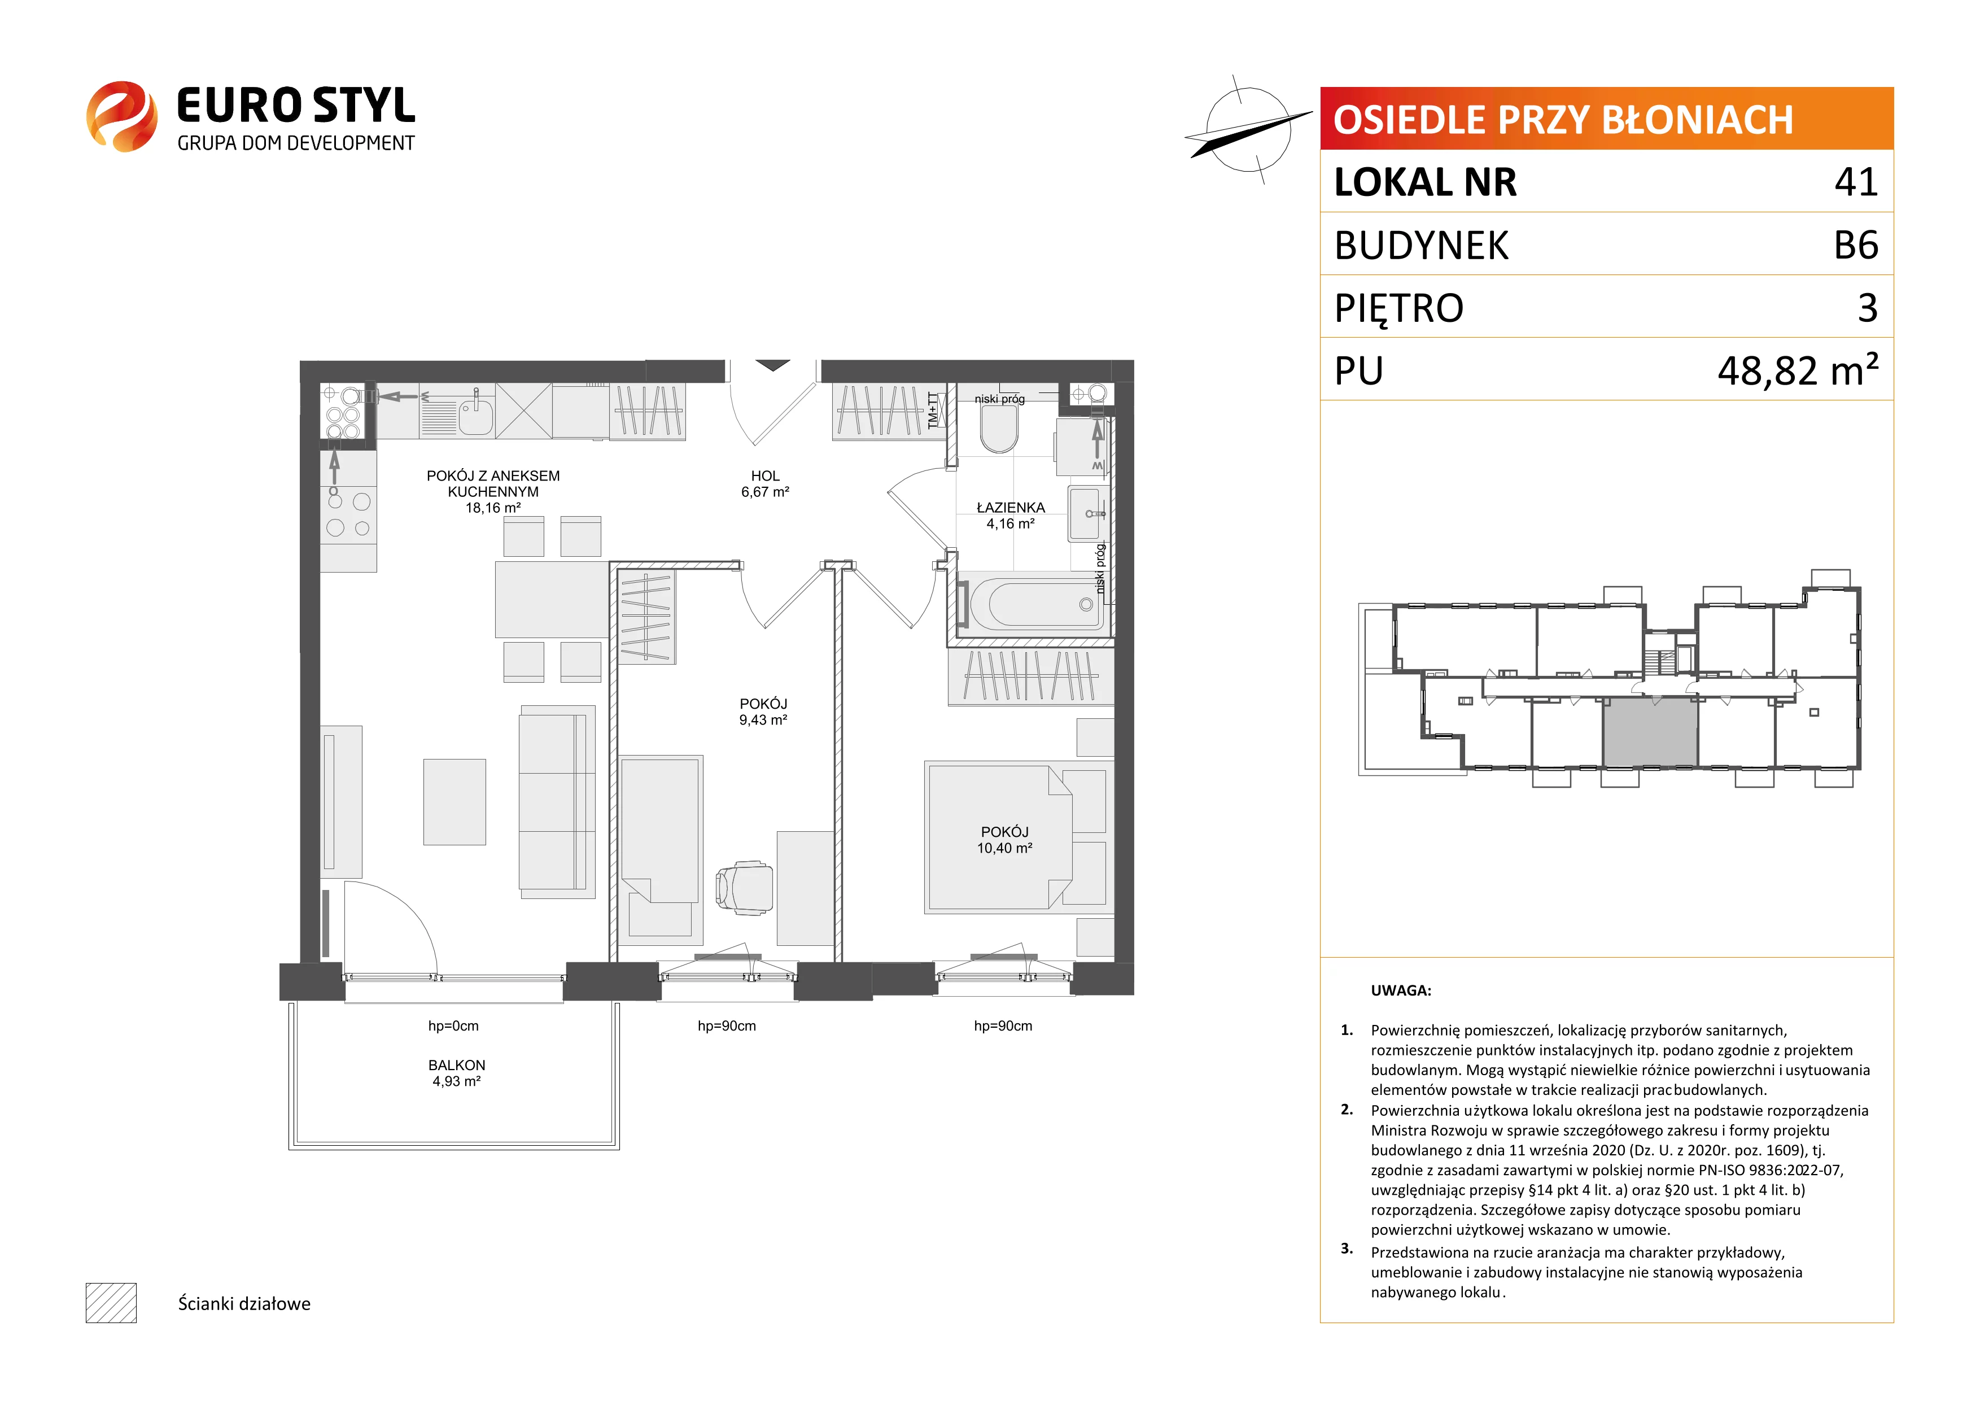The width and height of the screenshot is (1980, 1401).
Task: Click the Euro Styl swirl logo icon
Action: pos(121,116)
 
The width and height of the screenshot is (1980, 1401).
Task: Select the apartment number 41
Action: pos(1856,182)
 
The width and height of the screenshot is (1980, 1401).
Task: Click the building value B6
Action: pos(1856,245)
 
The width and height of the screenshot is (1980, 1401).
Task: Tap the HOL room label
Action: pos(765,475)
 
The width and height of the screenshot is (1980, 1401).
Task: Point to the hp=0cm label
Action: pos(453,1025)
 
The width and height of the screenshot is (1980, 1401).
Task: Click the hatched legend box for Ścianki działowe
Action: pos(111,1303)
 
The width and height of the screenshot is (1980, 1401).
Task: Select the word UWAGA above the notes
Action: pos(1401,990)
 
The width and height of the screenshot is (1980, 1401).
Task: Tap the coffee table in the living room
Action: pos(454,801)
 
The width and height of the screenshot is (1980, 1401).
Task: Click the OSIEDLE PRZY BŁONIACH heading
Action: pos(1563,120)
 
